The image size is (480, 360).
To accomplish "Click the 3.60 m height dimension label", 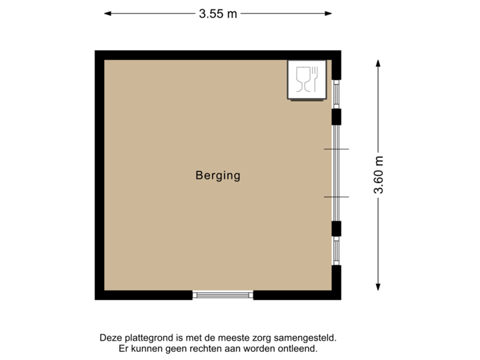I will [379, 175].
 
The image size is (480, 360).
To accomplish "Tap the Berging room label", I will [217, 176].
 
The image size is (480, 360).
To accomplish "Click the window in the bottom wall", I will [223, 295].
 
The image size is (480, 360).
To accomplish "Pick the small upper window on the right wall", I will [337, 94].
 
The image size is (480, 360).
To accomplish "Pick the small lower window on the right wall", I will [337, 251].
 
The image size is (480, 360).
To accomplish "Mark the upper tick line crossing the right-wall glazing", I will [336, 149].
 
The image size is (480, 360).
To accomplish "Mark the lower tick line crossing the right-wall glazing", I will [336, 197].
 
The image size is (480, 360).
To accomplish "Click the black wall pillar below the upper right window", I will [337, 117].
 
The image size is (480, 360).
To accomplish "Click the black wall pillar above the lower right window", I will [337, 229].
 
